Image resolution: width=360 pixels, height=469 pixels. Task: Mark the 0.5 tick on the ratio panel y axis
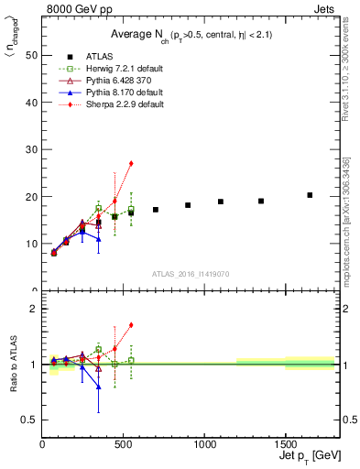coord(29,420)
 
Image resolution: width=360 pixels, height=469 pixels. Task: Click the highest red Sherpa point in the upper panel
coord(131,163)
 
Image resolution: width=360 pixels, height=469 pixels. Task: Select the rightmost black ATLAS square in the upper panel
coord(310,195)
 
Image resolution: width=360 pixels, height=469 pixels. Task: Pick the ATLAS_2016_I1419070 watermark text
coord(190,274)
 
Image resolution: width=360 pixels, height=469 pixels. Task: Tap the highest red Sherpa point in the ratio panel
coord(131,324)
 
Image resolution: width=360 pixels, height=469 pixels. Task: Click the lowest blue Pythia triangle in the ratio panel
coord(99,387)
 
